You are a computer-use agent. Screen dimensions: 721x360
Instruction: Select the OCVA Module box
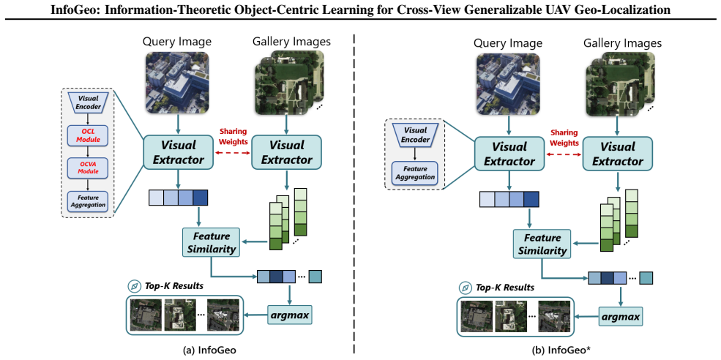click(x=87, y=168)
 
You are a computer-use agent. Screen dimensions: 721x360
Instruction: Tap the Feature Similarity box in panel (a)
click(x=211, y=242)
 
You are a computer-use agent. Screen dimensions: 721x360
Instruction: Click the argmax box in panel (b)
click(x=620, y=317)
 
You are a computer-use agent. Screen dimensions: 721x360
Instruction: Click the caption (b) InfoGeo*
click(x=545, y=350)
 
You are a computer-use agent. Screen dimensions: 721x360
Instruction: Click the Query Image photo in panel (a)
click(x=177, y=82)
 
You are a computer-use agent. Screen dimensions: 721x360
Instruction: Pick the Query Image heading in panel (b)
click(x=509, y=44)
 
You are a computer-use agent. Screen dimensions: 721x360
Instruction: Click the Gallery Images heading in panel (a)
click(x=291, y=42)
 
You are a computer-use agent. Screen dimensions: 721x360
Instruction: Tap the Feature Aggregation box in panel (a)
click(x=87, y=201)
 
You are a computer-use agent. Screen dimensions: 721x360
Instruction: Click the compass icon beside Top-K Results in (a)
click(x=134, y=286)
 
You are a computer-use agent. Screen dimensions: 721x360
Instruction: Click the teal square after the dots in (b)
click(x=646, y=278)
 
